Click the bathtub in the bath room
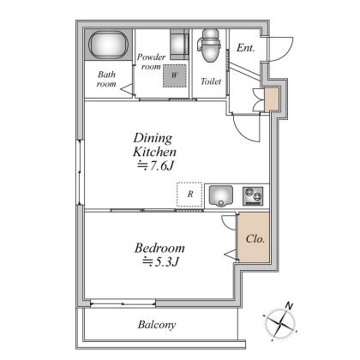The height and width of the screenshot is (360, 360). click(x=108, y=45)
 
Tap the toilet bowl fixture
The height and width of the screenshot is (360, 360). click(x=209, y=45)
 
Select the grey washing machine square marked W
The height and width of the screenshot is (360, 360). click(x=175, y=75)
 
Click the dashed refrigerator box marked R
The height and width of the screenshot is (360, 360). click(x=189, y=195)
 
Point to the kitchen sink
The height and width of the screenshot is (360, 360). click(x=220, y=195)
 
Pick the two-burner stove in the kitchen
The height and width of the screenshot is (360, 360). click(x=253, y=196)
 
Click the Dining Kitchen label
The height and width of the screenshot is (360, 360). click(x=154, y=145)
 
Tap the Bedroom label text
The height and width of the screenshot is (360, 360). click(x=159, y=248)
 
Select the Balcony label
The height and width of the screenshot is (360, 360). click(x=157, y=325)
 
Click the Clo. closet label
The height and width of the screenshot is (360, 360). click(x=255, y=238)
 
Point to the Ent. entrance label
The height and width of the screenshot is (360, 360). click(x=245, y=48)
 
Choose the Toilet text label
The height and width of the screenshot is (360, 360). click(x=211, y=81)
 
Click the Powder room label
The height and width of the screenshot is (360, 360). click(x=151, y=62)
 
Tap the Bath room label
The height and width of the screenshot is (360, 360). click(x=106, y=79)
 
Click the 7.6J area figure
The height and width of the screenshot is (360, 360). click(x=156, y=165)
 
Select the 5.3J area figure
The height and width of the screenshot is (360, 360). click(x=160, y=261)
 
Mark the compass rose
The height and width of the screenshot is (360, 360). click(x=280, y=324)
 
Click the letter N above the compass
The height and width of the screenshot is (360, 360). click(x=289, y=306)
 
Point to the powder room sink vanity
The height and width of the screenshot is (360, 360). click(x=179, y=44)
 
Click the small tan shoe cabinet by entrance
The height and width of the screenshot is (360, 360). click(x=272, y=99)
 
